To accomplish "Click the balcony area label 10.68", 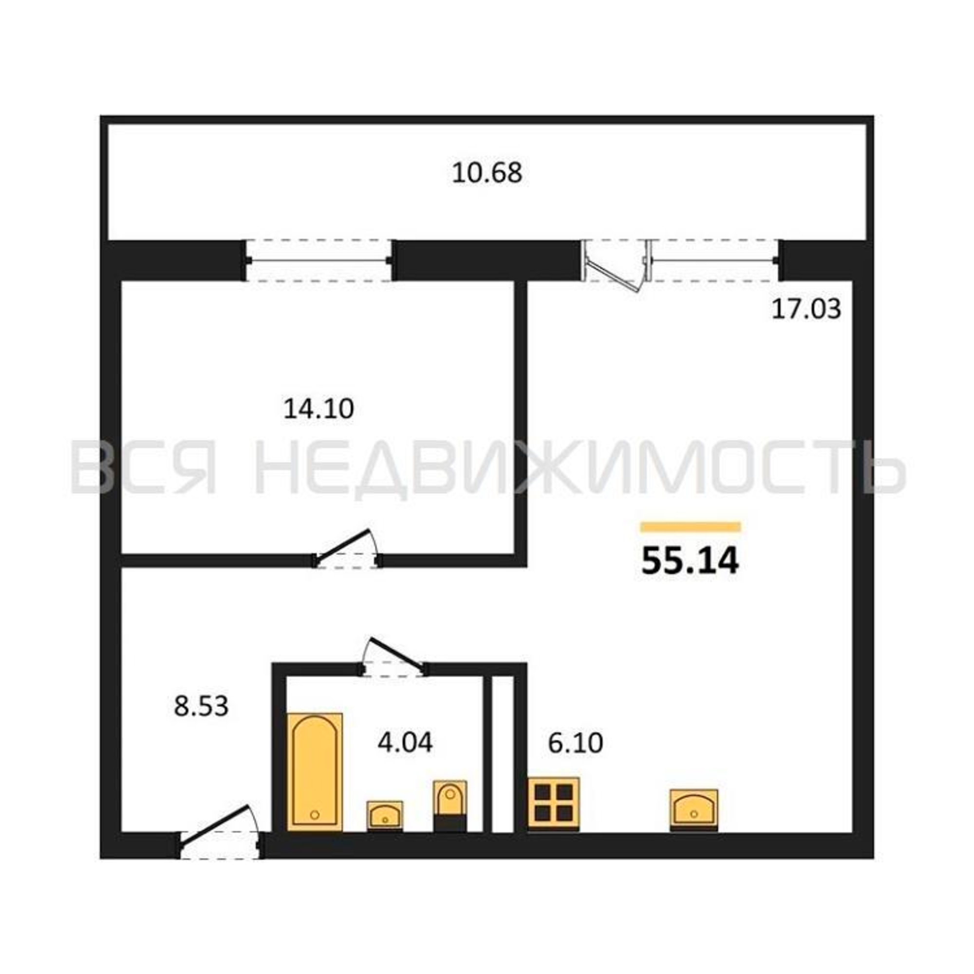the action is coord(487,173).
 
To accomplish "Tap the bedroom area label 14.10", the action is coord(318,409).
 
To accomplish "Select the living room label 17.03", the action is coord(806,309).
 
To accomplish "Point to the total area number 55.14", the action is coord(690,561).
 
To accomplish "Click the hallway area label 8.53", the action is coord(201,706).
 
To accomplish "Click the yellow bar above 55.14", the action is coord(691,527).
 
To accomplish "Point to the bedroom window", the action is coord(318,260).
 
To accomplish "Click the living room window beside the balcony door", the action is coord(714,260).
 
